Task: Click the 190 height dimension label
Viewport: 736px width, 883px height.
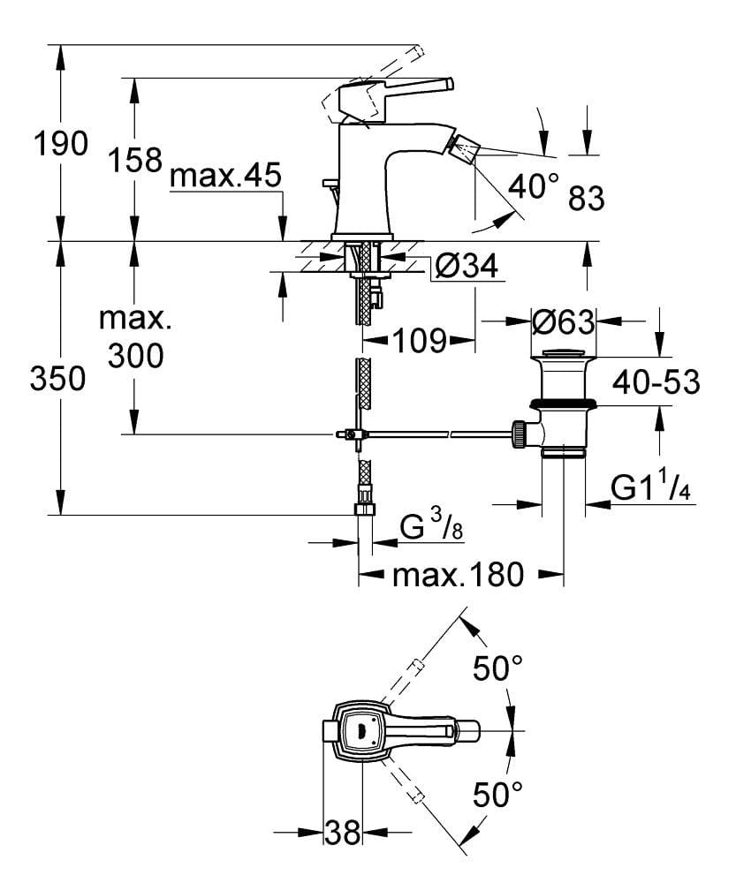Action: tap(60, 143)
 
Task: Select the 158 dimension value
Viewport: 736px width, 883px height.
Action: tap(134, 159)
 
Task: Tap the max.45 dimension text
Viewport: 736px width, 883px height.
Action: tap(225, 177)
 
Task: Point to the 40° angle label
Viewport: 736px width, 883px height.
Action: tap(534, 185)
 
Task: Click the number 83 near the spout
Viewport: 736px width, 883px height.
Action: tap(587, 200)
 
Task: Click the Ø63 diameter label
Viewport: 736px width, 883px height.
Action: tap(564, 323)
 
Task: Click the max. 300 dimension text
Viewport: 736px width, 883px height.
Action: tap(134, 336)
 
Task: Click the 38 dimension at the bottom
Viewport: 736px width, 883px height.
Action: tap(343, 832)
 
